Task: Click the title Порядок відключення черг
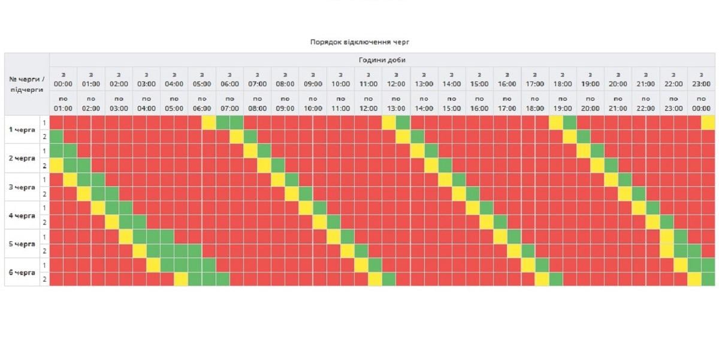click(x=359, y=42)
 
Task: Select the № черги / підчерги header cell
click(x=27, y=84)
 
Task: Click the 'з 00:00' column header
click(x=63, y=79)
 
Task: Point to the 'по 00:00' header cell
click(x=701, y=103)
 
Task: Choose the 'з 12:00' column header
click(x=396, y=79)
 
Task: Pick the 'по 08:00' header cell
click(x=257, y=103)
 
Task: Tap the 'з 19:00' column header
click(x=590, y=79)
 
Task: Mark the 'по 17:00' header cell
click(x=507, y=103)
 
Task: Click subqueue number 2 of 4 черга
click(x=44, y=222)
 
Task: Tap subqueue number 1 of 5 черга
click(x=44, y=237)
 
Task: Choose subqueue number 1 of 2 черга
click(x=44, y=151)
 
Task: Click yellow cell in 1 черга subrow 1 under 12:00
click(x=389, y=122)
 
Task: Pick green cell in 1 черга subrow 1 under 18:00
click(x=569, y=122)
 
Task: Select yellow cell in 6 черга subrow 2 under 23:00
click(x=694, y=279)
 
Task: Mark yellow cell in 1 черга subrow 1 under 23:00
click(x=708, y=122)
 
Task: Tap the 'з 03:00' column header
click(x=146, y=79)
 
